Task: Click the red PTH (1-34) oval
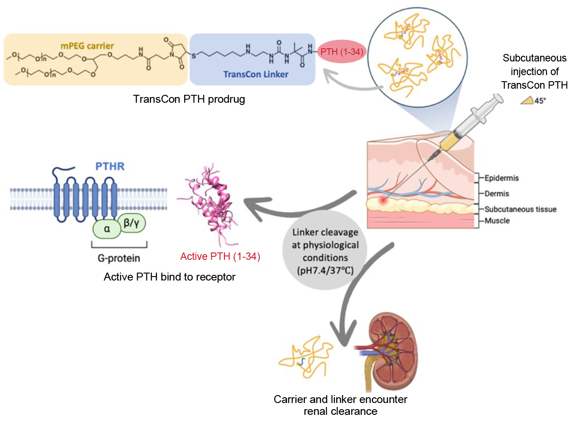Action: point(342,52)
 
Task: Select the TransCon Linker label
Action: point(255,74)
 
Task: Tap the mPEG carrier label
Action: point(87,46)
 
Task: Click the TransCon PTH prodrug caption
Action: point(189,99)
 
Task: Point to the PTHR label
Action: point(110,166)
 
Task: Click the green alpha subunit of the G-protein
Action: point(107,229)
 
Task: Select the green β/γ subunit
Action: point(131,223)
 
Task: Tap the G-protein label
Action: point(119,258)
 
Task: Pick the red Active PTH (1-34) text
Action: point(220,256)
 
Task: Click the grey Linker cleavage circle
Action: point(325,251)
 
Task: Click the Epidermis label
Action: point(502,178)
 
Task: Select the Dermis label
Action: point(497,194)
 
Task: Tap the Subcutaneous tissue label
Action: point(520,209)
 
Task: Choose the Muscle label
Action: point(497,221)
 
